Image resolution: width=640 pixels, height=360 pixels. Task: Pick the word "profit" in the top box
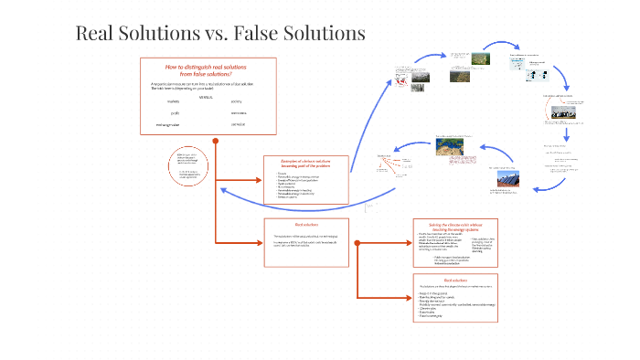[x=174, y=113]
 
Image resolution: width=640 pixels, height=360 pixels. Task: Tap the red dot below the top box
[x=216, y=141]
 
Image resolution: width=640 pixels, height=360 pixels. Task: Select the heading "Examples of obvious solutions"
[x=305, y=161]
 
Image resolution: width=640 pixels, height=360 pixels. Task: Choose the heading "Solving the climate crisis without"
[x=454, y=223]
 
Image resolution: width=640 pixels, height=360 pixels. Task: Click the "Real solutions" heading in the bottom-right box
[x=454, y=281]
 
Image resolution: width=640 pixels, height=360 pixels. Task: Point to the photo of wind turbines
[x=559, y=112]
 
